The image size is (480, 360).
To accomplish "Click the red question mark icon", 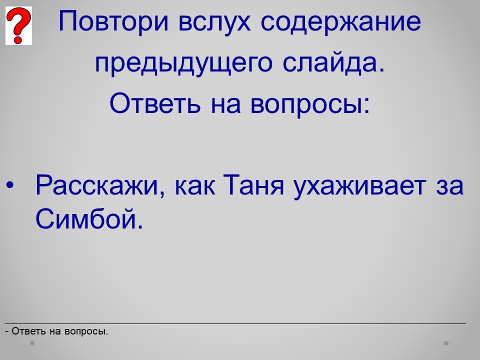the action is (18, 25).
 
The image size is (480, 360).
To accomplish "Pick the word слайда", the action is (333, 63).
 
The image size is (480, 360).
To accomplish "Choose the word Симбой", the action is (89, 218).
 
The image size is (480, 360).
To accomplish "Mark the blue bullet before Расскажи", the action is (10, 185).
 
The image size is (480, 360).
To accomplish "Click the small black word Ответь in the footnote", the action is (29, 331).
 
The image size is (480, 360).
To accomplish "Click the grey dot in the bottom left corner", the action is (32, 343).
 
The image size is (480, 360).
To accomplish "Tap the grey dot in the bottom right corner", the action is (446, 343).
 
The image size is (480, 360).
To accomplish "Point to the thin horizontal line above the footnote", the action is (235, 323).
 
